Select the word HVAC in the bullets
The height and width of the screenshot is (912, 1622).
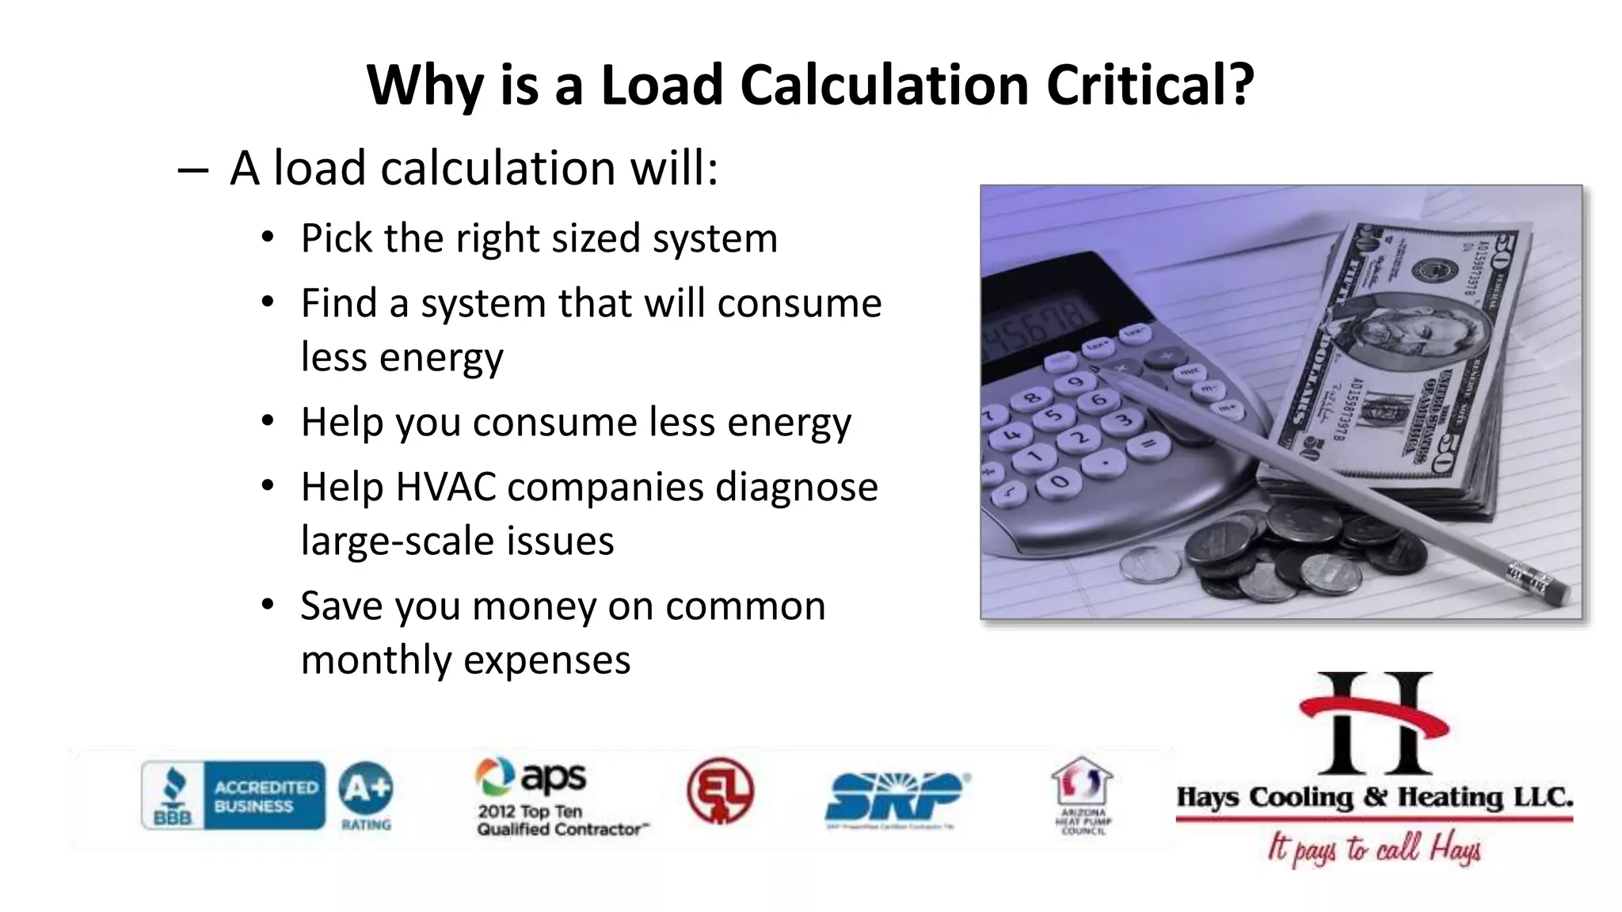[445, 487]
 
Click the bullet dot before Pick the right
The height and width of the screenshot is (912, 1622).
[268, 237]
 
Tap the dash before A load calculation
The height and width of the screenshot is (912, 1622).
[193, 169]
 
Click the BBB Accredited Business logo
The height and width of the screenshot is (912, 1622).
[234, 795]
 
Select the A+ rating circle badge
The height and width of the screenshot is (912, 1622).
[365, 788]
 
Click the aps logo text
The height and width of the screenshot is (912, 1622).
[553, 777]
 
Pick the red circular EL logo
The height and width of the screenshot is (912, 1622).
[720, 790]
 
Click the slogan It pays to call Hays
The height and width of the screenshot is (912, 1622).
[1374, 849]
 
